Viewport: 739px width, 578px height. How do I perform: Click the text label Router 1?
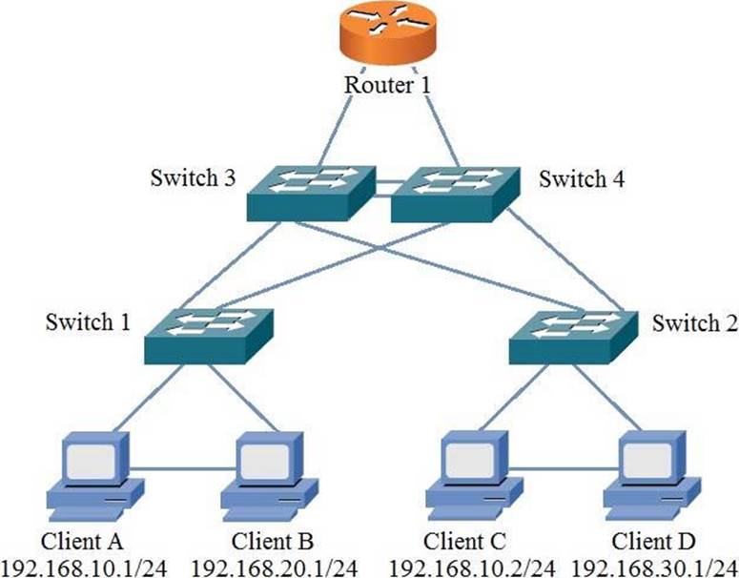tap(387, 85)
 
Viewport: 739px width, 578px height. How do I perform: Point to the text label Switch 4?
tap(580, 178)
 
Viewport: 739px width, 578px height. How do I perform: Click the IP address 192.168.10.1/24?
tap(91, 566)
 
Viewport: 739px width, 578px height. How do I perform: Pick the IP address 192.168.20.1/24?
tap(275, 566)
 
